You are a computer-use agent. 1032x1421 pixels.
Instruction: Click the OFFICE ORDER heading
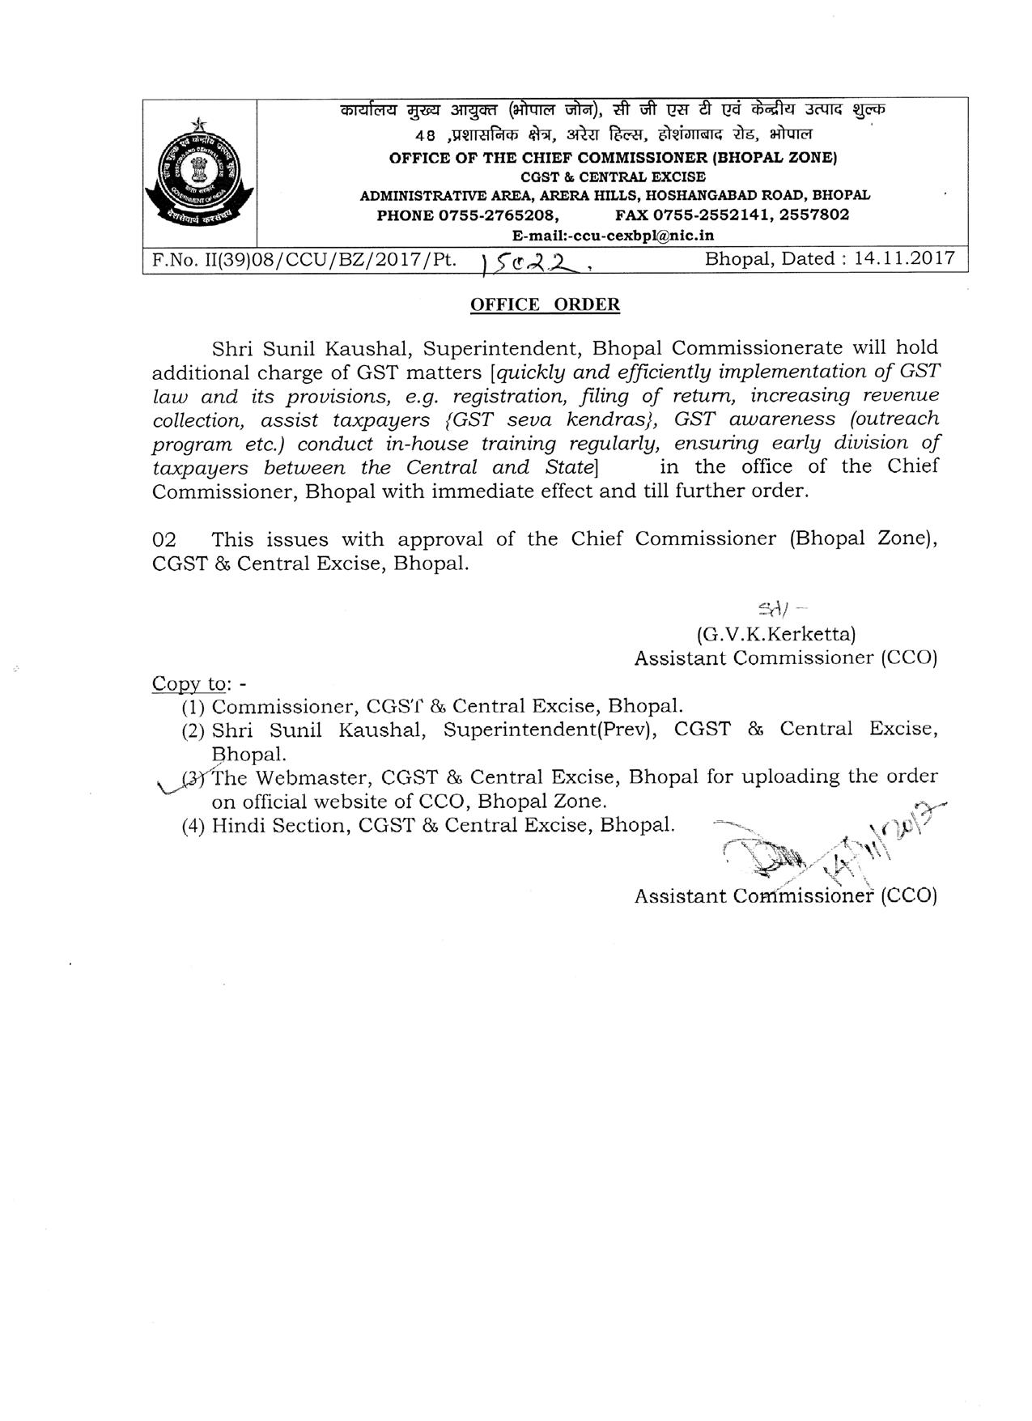[x=545, y=304]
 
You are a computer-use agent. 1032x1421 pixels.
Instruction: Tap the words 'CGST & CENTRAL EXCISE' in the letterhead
[x=613, y=177]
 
